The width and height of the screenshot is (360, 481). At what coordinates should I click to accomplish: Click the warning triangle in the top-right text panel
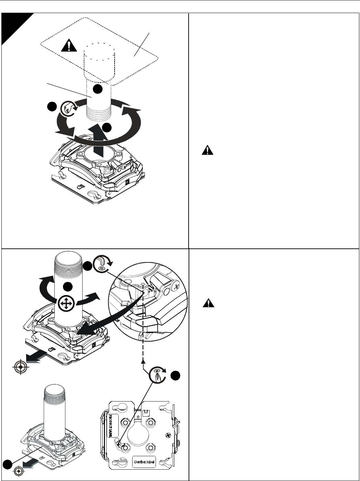pos(208,150)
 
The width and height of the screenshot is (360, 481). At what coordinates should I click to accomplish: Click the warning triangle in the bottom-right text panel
pos(208,303)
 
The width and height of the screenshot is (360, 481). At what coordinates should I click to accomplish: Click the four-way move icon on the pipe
pos(64,304)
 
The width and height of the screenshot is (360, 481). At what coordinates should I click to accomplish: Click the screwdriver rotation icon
pos(157,375)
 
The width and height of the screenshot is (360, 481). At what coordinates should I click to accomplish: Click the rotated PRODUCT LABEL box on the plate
pos(114,426)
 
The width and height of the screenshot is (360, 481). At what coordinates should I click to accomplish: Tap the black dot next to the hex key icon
pos(88,265)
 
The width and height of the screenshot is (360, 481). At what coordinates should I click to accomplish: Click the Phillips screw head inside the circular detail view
pos(177,285)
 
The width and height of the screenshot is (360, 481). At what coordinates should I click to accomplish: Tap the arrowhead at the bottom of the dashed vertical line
pos(142,361)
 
